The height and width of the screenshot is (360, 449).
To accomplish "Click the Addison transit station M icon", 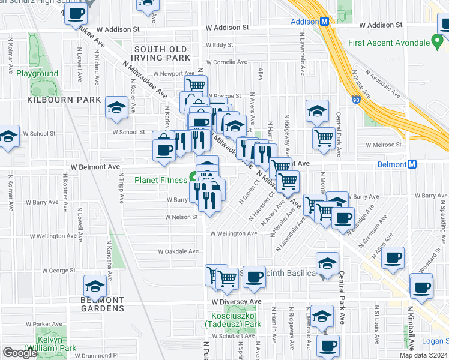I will pos(325,21).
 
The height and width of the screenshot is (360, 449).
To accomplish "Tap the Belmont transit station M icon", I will pos(412,164).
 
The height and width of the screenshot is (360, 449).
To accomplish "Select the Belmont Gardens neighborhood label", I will pos(103,304).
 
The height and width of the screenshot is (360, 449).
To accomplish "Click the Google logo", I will pos(20,353).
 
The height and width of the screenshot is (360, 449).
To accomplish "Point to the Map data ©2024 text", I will pos(423,355).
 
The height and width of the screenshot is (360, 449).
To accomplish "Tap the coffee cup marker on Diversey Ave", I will pos(254,277).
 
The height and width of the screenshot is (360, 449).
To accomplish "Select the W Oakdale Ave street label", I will pos(178,251).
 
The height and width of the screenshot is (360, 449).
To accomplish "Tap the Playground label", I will pos(37,74).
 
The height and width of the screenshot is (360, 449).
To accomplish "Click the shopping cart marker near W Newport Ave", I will pos(196,85).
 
